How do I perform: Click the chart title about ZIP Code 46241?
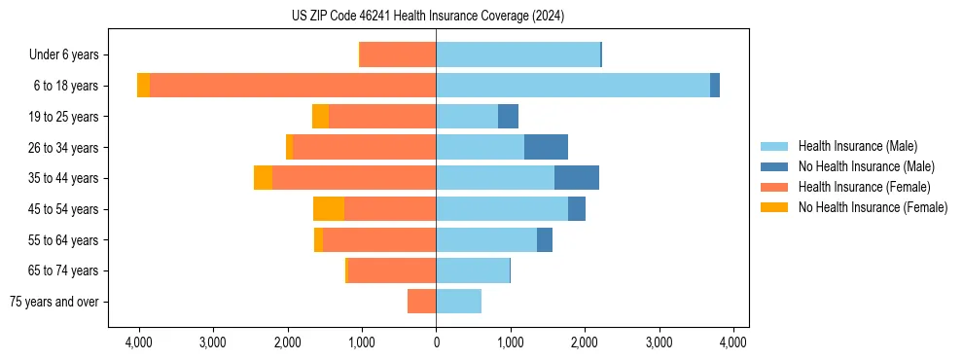[x=427, y=16]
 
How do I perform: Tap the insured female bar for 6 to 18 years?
[x=293, y=86]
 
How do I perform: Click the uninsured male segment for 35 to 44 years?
[x=577, y=178]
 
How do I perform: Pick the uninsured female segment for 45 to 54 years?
[x=329, y=209]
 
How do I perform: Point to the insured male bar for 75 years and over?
[x=458, y=302]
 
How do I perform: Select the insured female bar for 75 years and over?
[x=421, y=302]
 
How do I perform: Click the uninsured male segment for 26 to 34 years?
[x=546, y=147]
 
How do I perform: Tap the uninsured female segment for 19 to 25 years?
[x=320, y=117]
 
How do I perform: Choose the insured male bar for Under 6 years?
[x=517, y=54]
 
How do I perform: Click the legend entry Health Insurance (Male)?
[x=856, y=146]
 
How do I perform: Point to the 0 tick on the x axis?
[x=436, y=342]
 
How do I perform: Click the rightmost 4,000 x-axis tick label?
[x=733, y=342]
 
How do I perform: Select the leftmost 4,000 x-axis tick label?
[x=138, y=342]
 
